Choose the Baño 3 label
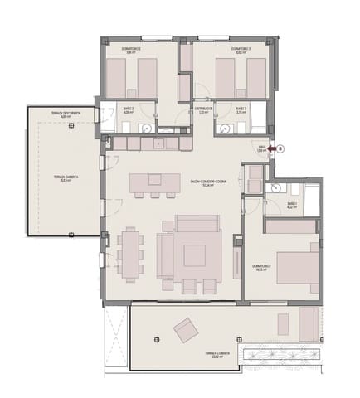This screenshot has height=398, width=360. tap(241, 109)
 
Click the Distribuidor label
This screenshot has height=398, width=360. tap(203, 109)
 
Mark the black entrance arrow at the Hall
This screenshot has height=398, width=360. tap(271, 149)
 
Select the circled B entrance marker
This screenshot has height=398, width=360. tap(281, 149)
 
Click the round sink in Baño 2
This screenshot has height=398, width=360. tap(144, 128)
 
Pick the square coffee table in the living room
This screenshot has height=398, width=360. tap(196, 255)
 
